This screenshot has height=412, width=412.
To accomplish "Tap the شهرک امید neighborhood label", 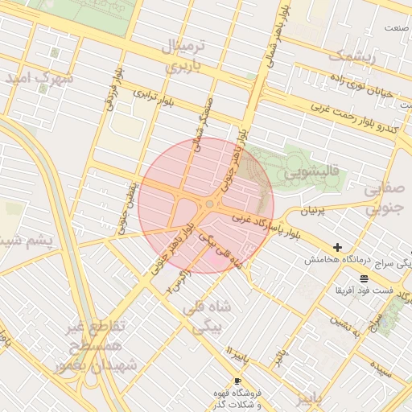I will pyautogui.click(x=39, y=79).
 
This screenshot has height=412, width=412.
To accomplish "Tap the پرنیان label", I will pyautogui.click(x=311, y=211).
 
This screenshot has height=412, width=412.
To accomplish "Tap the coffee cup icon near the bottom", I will pyautogui.click(x=237, y=380).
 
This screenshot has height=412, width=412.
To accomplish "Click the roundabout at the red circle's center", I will pyautogui.click(x=209, y=204).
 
